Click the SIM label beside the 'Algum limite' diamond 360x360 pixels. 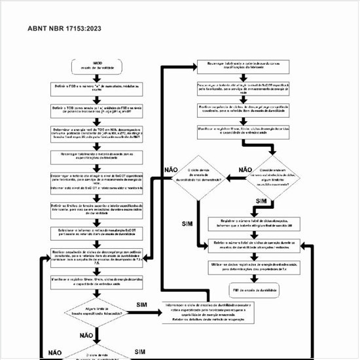coord(142,305)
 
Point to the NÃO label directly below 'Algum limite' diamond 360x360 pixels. coord(86,335)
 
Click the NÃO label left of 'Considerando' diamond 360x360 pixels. coord(245,170)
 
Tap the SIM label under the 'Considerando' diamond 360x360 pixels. coord(261,200)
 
